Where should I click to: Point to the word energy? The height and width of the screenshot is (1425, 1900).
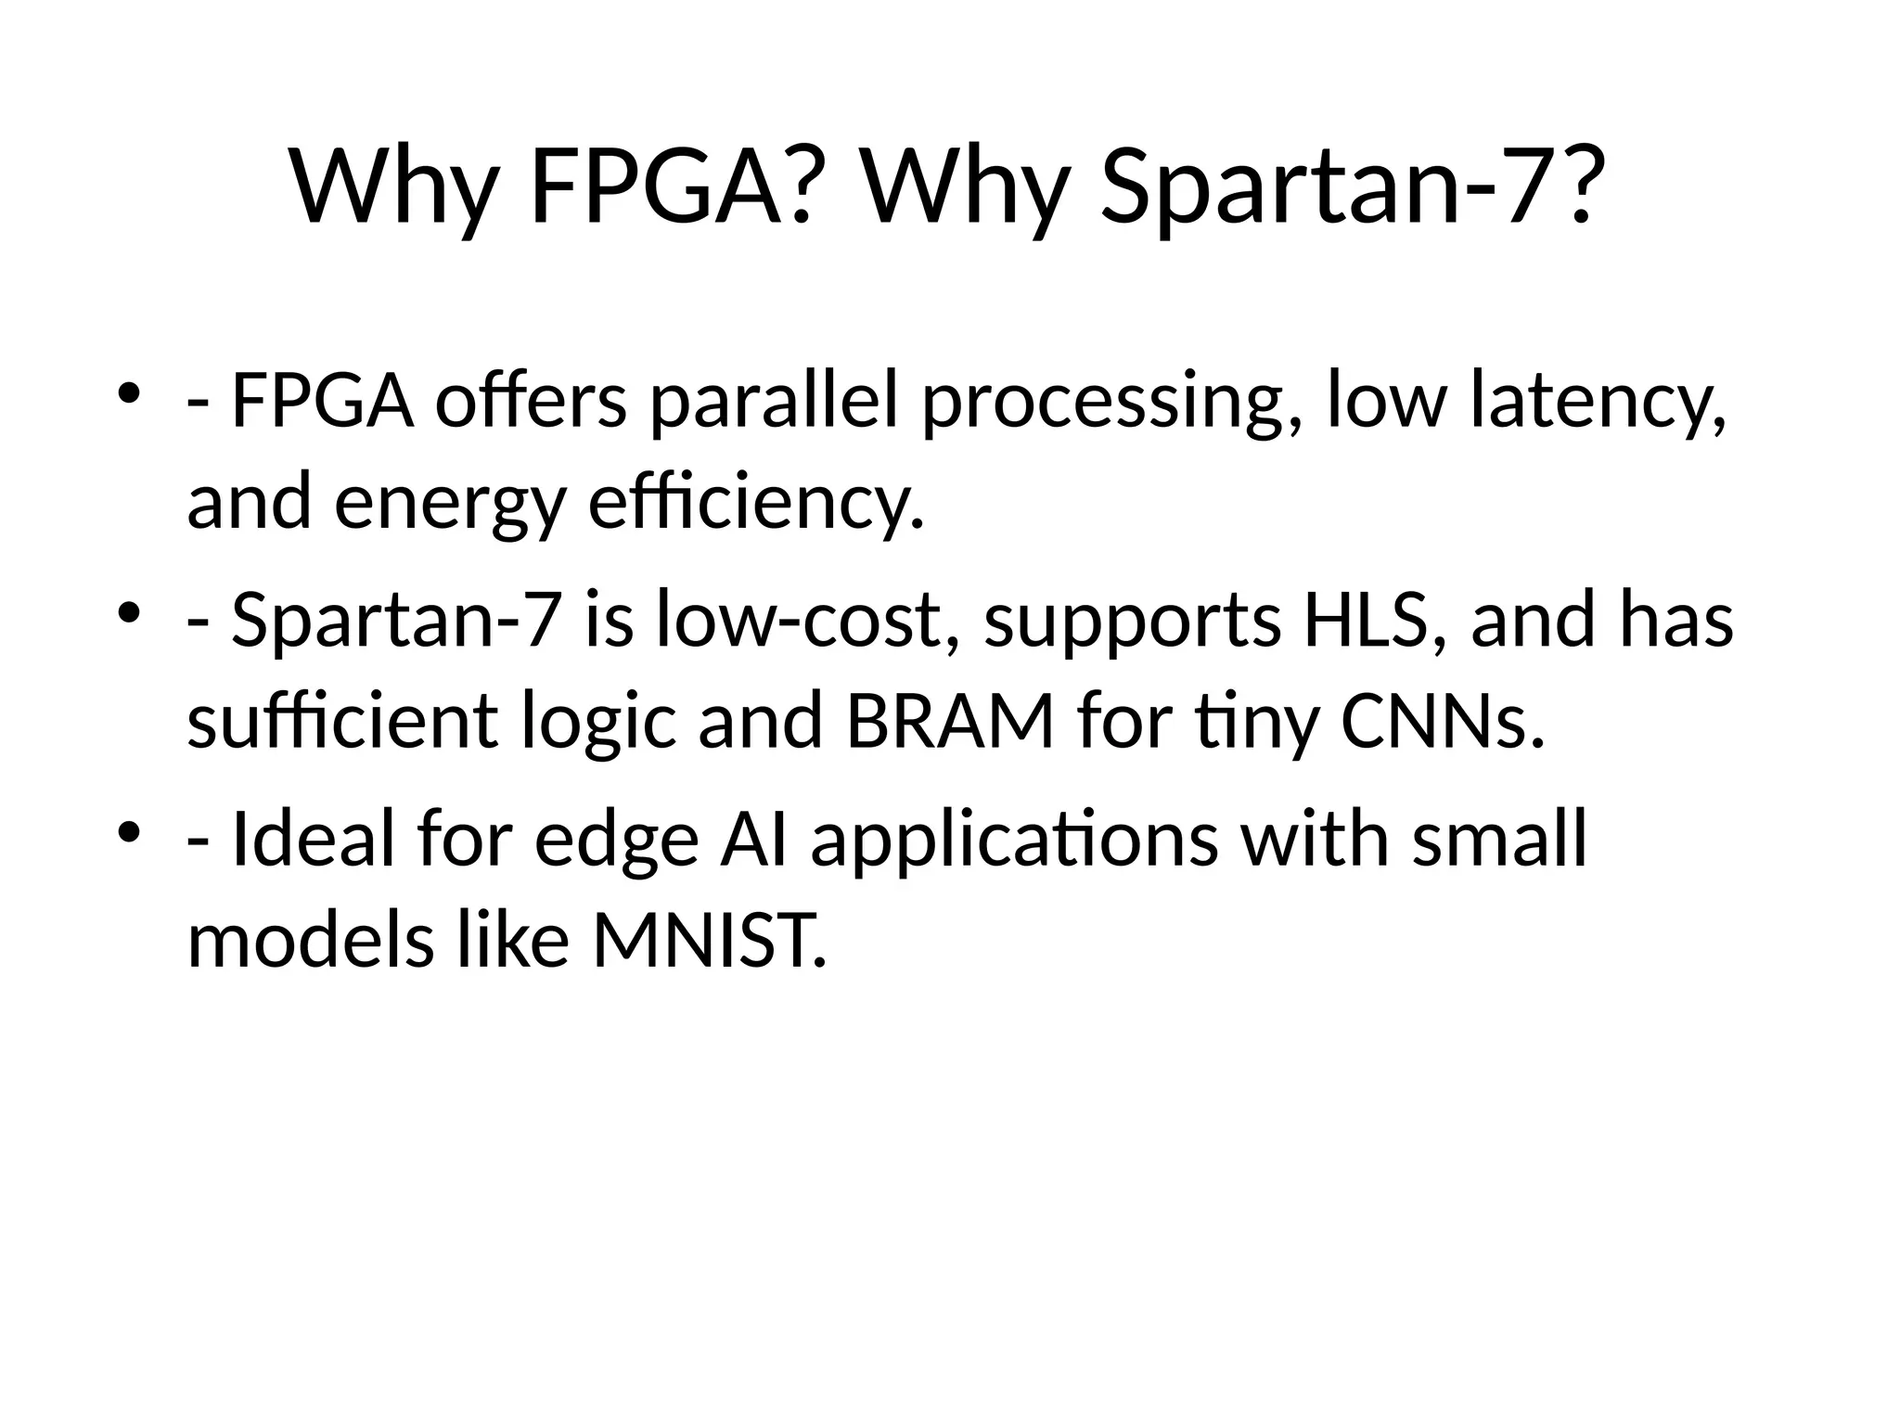[449, 504]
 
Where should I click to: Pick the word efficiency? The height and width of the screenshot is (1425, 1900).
[756, 504]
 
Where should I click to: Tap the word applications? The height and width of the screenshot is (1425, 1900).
[1014, 840]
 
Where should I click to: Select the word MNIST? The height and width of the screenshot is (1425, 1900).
[708, 940]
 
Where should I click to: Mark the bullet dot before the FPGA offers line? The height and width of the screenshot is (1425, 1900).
[129, 393]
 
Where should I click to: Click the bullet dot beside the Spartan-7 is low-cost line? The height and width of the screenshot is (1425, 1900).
[129, 611]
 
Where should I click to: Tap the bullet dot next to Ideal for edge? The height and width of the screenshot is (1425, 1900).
[129, 829]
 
